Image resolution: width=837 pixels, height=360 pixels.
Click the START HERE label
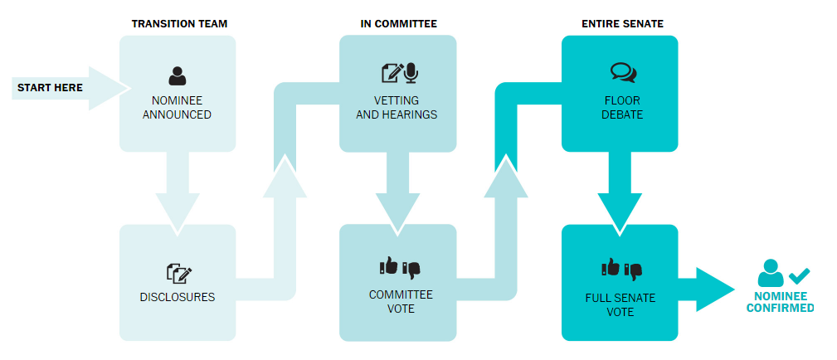pos(50,87)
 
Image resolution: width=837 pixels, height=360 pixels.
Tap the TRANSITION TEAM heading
pos(179,24)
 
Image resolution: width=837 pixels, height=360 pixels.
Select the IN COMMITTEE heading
pos(398,24)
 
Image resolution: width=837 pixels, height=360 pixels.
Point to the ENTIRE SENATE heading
pos(620,24)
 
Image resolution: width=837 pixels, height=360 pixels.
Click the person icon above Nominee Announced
pos(177,76)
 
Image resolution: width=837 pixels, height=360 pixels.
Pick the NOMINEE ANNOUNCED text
pos(177,108)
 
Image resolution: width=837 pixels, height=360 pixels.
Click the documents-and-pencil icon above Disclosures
pos(178,272)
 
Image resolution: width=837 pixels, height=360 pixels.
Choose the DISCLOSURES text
pos(178,297)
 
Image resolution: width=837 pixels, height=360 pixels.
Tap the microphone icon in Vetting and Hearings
pos(411,73)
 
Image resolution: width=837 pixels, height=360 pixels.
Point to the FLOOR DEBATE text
pos(620,108)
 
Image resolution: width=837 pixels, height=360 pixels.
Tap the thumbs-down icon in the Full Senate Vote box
pos(633,269)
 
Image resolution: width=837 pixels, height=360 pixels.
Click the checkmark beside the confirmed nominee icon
pos(800,275)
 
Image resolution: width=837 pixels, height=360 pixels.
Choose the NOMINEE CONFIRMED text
pos(780,301)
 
